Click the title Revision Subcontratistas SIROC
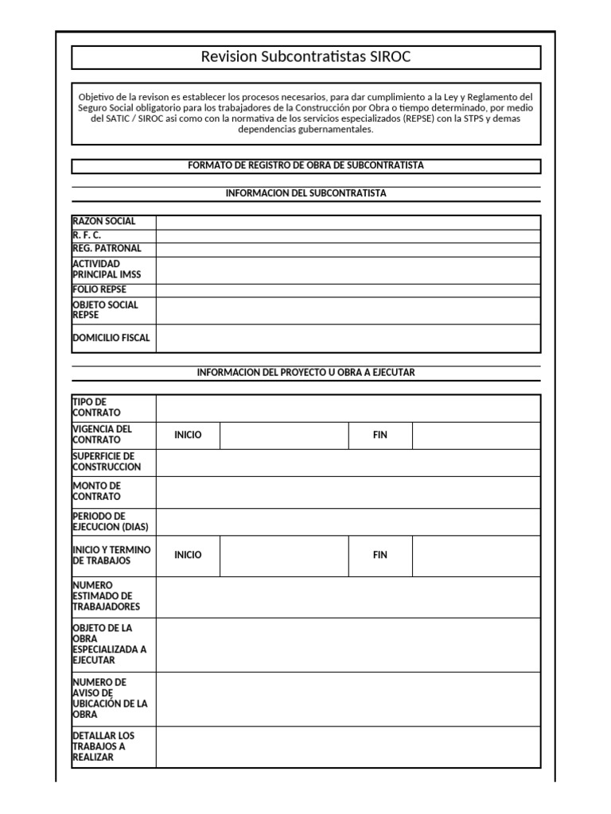pyautogui.click(x=305, y=57)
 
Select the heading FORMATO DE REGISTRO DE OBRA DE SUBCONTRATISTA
pyautogui.click(x=305, y=165)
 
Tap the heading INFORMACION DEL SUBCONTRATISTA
pyautogui.click(x=305, y=193)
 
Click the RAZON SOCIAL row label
pyautogui.click(x=104, y=222)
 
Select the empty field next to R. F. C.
pyautogui.click(x=348, y=236)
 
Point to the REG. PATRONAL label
pyautogui.click(x=107, y=249)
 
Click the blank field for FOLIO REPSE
pyautogui.click(x=348, y=290)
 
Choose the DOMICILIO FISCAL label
pyautogui.click(x=111, y=338)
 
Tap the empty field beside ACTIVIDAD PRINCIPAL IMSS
pyautogui.click(x=348, y=269)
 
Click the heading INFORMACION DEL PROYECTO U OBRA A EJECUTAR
pyautogui.click(x=305, y=372)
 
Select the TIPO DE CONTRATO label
pyautogui.click(x=96, y=408)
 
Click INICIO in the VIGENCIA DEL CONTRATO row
pyautogui.click(x=188, y=435)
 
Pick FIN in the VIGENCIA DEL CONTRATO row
pyautogui.click(x=379, y=435)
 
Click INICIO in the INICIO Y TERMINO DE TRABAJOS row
pyautogui.click(x=188, y=555)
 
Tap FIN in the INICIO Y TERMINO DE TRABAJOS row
pyautogui.click(x=379, y=555)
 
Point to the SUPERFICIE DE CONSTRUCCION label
pyautogui.click(x=107, y=462)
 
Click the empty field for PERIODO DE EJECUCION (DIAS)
pyautogui.click(x=348, y=521)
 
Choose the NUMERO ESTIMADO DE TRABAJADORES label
pyautogui.click(x=106, y=596)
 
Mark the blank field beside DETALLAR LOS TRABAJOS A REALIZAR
pyautogui.click(x=348, y=746)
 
